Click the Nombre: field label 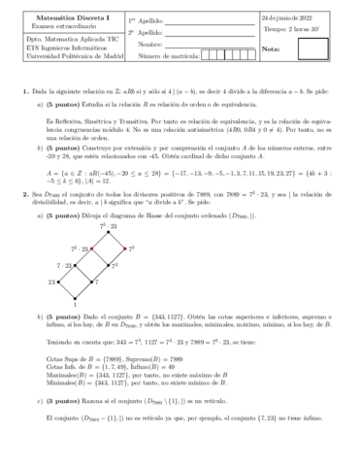150,45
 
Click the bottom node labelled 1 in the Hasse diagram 74,299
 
